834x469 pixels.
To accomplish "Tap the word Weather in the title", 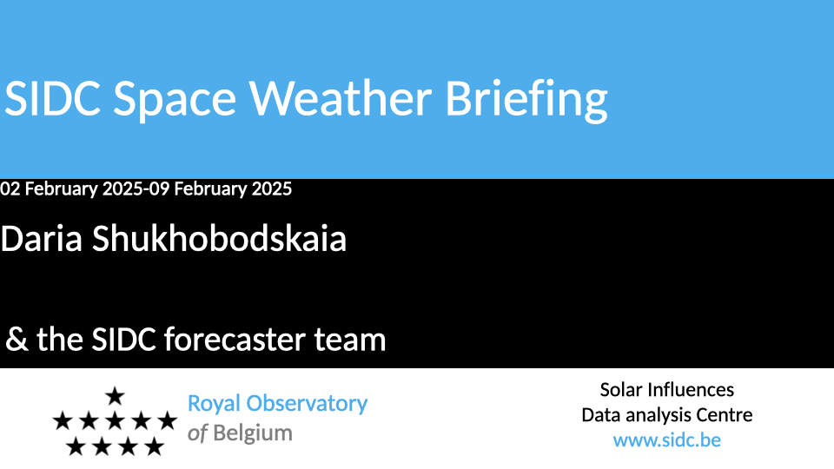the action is click(x=341, y=98).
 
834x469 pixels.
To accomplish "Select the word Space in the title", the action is click(x=175, y=101).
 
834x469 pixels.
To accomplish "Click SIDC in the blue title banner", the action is click(x=52, y=98).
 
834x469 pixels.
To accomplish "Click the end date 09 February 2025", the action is click(x=220, y=188).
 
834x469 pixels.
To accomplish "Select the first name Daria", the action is click(x=42, y=238).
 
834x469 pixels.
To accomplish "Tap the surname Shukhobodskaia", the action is click(x=219, y=238).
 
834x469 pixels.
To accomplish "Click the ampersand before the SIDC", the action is click(x=17, y=340).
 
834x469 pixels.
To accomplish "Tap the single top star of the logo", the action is click(x=115, y=396).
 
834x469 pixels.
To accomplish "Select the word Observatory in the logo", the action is click(x=307, y=404).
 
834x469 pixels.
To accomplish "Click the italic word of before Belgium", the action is click(x=197, y=433).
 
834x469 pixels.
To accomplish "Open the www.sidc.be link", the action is click(x=667, y=440).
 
